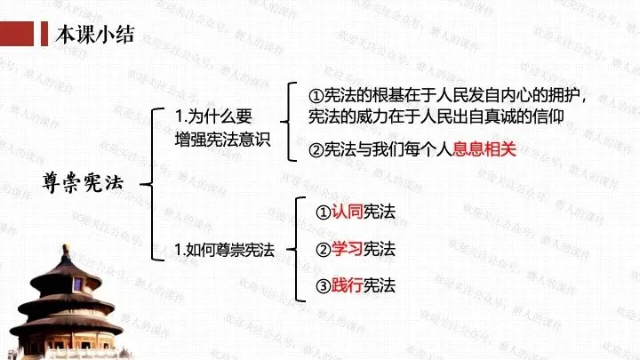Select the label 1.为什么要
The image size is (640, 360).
point(214,116)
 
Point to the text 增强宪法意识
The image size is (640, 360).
point(221,140)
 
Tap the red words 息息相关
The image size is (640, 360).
point(484,150)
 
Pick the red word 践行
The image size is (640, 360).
point(347,284)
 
